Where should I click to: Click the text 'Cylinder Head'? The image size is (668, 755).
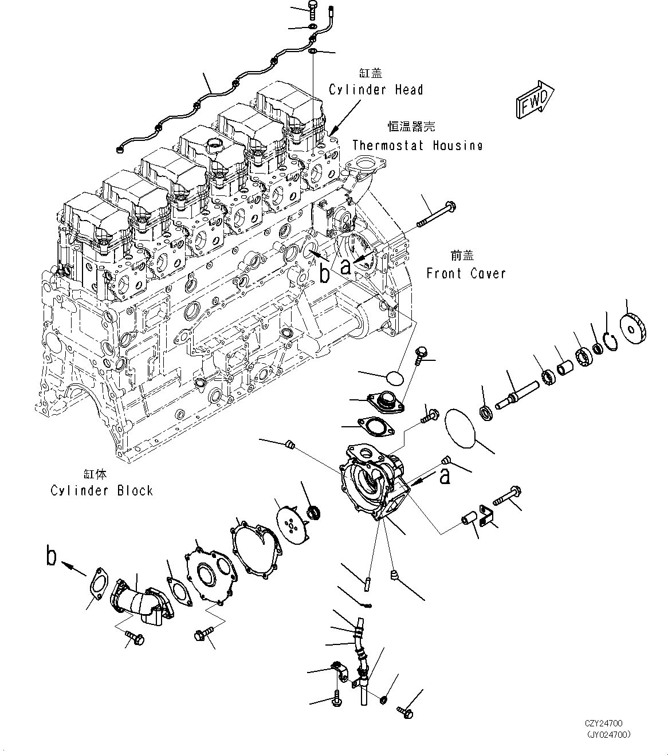(x=376, y=90)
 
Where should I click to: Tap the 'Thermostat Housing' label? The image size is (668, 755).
(x=417, y=146)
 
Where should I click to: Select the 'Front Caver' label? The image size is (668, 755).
(x=466, y=273)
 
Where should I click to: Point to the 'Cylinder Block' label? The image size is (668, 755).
(x=102, y=490)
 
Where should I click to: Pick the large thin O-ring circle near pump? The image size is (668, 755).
(x=459, y=428)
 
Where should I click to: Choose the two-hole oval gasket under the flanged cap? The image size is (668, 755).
(x=372, y=426)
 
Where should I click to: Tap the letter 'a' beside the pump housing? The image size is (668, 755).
(x=445, y=475)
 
